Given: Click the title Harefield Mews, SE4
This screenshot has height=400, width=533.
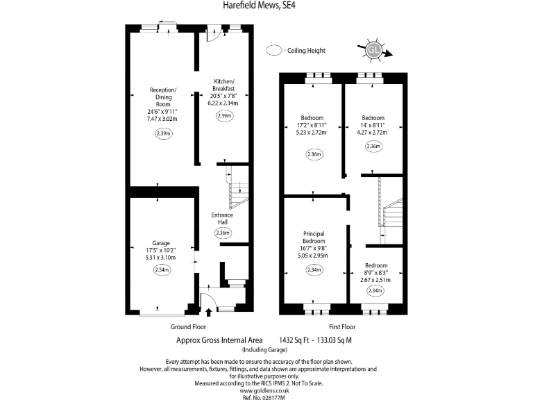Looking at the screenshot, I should (266, 6).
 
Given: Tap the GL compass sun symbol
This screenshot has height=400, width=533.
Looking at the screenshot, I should (373, 50).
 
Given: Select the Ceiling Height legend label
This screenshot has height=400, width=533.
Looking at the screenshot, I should (306, 51).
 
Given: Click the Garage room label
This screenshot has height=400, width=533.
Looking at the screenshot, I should (160, 243).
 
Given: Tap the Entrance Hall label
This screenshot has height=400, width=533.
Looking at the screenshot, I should (222, 219).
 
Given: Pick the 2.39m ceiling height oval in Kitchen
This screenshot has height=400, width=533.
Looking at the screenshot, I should (223, 117).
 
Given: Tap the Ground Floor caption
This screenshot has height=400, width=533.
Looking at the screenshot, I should (188, 326).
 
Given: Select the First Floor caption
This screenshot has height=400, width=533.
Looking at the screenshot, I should (341, 326).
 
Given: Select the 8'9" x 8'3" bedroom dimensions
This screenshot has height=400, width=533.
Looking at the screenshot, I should (375, 273).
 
